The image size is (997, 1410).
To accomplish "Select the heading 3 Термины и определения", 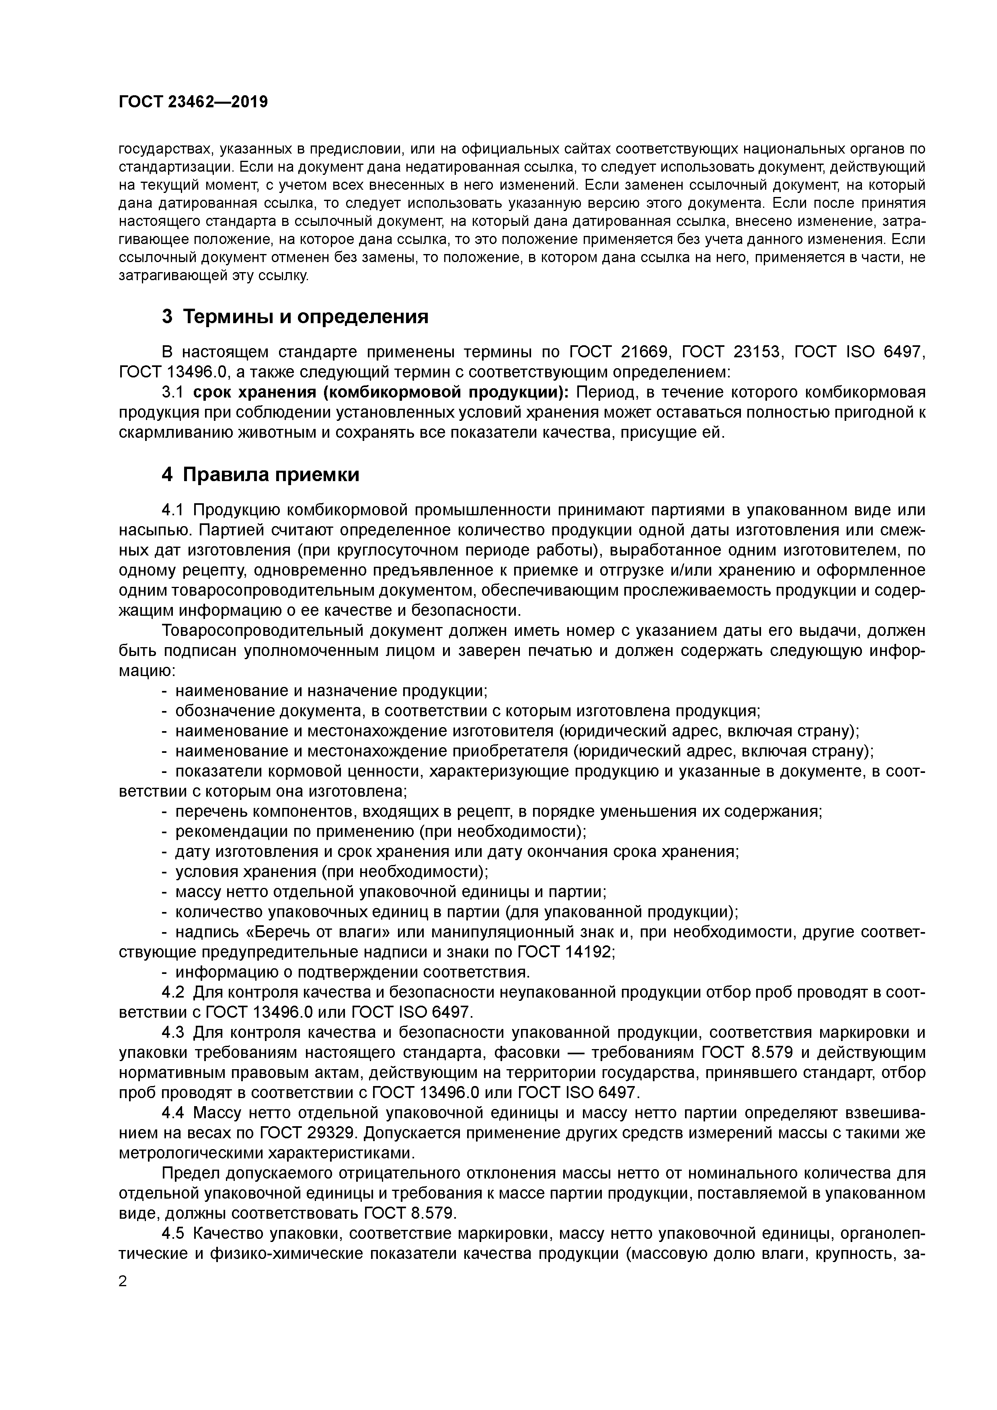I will point(295,317).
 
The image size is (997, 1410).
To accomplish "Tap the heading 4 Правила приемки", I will point(261,475).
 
